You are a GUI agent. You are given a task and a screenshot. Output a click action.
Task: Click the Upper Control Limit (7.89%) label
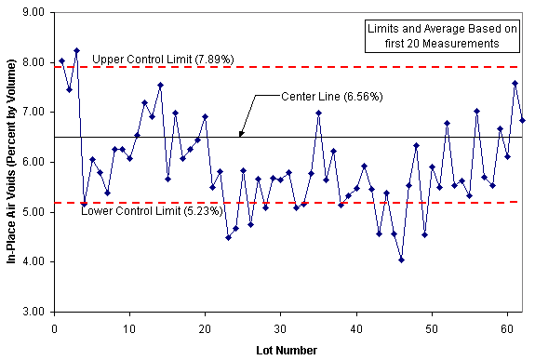(163, 60)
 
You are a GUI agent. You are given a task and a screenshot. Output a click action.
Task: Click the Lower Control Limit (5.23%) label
(152, 211)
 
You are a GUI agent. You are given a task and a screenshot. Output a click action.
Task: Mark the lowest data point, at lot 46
(401, 260)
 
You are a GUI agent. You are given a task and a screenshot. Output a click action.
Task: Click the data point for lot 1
(61, 60)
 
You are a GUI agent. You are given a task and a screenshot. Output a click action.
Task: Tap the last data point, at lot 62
(522, 120)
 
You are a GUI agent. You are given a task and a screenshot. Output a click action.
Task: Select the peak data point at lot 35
(318, 113)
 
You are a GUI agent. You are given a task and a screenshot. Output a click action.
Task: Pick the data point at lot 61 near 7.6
(515, 83)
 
